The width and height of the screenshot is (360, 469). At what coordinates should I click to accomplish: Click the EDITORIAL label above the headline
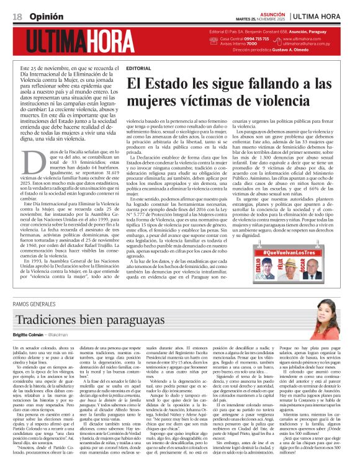[138, 68]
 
